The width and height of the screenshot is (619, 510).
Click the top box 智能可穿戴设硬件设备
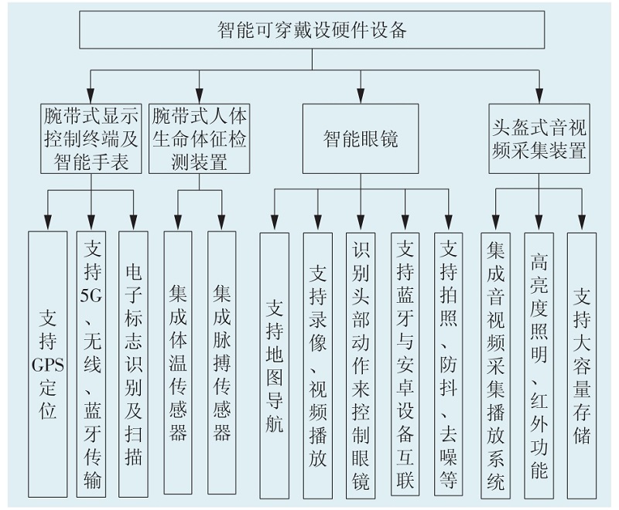[312, 29]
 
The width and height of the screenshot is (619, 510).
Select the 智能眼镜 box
[361, 138]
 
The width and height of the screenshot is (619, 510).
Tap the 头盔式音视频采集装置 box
[539, 138]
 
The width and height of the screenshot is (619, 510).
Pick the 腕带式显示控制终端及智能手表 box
[91, 138]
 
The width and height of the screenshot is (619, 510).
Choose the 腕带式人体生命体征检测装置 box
[199, 138]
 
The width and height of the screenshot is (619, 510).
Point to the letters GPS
[47, 365]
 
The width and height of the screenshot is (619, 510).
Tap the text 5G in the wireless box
[91, 295]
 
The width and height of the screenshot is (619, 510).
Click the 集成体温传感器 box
[178, 362]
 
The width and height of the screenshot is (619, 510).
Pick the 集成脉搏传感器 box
[221, 362]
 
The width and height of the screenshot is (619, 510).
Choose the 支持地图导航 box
[275, 365]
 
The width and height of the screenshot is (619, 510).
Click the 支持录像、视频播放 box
[318, 365]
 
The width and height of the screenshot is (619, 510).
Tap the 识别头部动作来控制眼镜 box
[361, 365]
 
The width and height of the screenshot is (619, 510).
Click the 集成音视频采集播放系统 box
[495, 365]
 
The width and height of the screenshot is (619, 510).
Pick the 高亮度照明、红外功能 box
[539, 365]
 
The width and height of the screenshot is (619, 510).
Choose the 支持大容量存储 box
[582, 365]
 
